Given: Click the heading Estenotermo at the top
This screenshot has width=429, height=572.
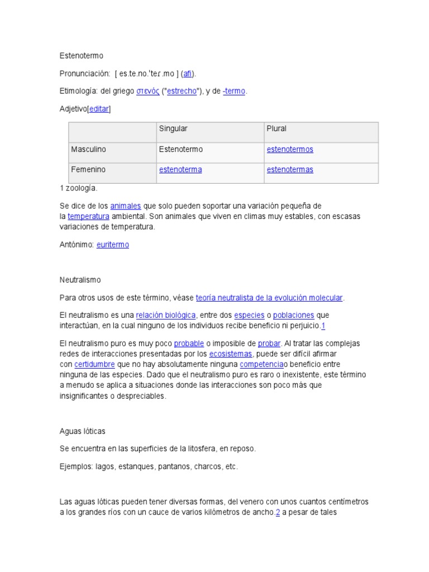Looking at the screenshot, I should pos(82,56).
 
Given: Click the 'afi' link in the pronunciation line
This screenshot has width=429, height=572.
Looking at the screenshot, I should pos(188,74).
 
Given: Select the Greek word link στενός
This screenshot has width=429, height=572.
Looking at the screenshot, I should pos(147,92).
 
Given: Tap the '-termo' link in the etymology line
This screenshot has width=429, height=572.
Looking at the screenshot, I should pos(234,92).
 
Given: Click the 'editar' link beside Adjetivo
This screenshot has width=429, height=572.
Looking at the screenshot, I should pos(99,109).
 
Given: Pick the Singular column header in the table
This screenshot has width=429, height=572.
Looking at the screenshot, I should pos(173,128).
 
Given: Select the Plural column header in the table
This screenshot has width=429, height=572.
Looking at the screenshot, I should pos(277,128).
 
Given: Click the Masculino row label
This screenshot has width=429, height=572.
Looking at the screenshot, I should pos(88,149).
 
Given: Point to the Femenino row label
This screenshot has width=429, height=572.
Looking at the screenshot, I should pos(88,169).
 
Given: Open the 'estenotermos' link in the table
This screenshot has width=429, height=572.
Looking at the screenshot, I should pos(290,149).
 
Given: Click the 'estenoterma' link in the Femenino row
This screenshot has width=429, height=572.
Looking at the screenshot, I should pos(180,169).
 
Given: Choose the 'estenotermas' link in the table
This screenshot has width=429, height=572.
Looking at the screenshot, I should pos(290,169).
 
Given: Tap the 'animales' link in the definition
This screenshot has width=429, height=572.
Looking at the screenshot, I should pos(126,206).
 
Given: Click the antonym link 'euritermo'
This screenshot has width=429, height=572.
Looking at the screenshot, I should pos(113,245).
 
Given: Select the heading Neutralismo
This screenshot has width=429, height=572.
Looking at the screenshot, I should pos(80,279).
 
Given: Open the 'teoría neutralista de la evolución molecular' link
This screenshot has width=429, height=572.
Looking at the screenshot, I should pos(269,297).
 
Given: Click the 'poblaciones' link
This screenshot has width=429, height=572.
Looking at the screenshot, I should pos(293,315).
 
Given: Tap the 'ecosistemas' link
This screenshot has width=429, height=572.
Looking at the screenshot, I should pos(231,354).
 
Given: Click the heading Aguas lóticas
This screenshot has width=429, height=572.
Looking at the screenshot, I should pos(82,431).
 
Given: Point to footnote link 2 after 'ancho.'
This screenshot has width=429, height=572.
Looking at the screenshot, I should pos(278,512).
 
